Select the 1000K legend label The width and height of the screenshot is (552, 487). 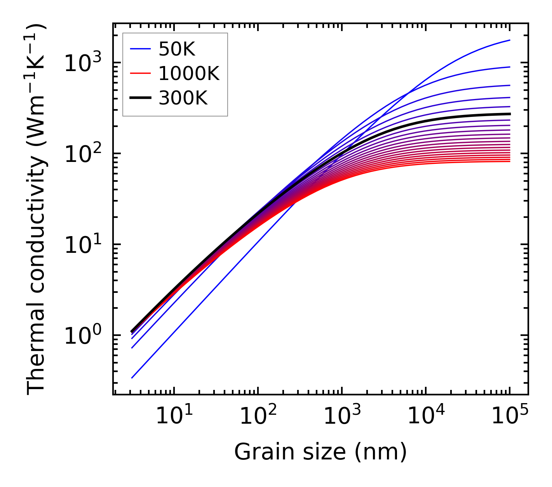(189, 73)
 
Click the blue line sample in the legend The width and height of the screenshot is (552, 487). (140, 49)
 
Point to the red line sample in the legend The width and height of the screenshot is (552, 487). (140, 73)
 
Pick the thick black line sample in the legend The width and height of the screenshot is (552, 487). (140, 98)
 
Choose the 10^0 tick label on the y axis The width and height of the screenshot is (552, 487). (83, 336)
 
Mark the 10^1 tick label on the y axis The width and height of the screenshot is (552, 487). (83, 245)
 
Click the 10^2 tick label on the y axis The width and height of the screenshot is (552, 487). (83, 154)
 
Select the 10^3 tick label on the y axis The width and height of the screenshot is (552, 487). (83, 63)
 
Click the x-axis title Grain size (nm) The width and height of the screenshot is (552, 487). (320, 452)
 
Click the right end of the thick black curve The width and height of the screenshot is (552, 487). (509, 114)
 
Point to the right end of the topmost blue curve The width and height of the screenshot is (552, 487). (509, 40)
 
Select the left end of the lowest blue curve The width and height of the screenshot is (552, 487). (132, 377)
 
